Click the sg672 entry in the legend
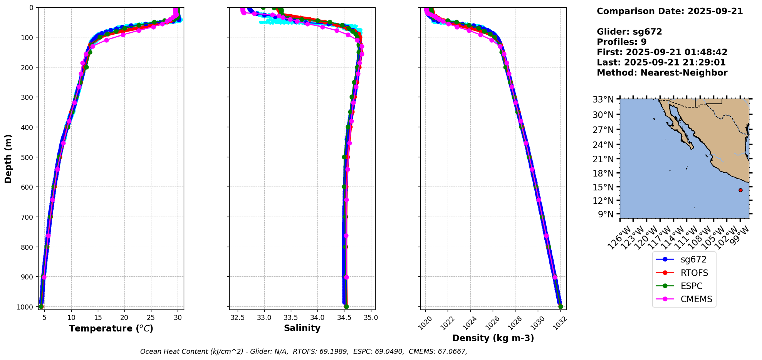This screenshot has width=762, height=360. click(684, 260)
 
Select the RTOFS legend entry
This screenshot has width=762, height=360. click(684, 273)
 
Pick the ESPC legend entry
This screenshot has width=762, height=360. click(684, 286)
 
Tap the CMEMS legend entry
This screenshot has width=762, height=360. click(684, 299)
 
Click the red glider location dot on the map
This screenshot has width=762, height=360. click(740, 190)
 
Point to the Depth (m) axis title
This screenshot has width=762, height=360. click(8, 158)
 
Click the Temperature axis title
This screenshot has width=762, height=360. click(111, 328)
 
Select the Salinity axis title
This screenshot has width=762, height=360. click(302, 328)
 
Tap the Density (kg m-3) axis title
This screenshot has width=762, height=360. click(493, 338)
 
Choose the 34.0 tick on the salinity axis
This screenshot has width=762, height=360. click(317, 318)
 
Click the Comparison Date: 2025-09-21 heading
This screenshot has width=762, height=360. click(670, 11)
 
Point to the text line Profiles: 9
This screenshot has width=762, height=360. click(621, 42)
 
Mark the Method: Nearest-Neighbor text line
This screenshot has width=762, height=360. click(662, 73)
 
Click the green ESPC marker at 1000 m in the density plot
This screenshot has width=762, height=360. click(561, 306)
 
